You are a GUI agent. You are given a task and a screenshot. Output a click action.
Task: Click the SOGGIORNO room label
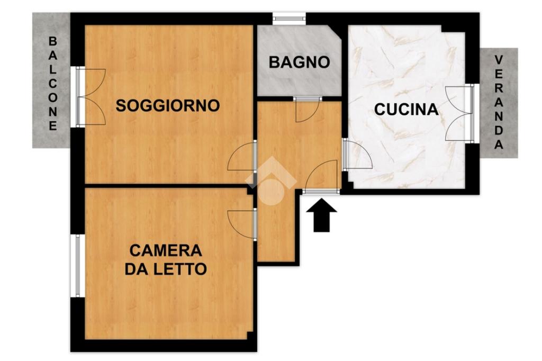(168, 105)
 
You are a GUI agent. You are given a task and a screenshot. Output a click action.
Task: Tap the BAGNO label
(300, 62)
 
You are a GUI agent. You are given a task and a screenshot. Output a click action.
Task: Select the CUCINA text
(406, 109)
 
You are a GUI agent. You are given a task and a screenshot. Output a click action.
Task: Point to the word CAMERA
(166, 250)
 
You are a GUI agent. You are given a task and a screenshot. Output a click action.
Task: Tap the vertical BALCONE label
(52, 84)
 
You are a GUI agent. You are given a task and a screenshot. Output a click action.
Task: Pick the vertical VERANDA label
(499, 102)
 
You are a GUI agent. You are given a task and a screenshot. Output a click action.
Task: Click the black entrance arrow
(321, 215)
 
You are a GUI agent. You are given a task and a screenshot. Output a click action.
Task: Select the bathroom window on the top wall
(289, 19)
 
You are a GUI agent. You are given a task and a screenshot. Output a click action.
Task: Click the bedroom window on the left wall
(77, 266)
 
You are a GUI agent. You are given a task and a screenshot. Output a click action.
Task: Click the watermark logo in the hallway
(271, 181)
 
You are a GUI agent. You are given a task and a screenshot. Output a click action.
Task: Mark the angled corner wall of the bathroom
(337, 34)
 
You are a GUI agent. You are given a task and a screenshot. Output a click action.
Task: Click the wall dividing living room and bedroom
(166, 186)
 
